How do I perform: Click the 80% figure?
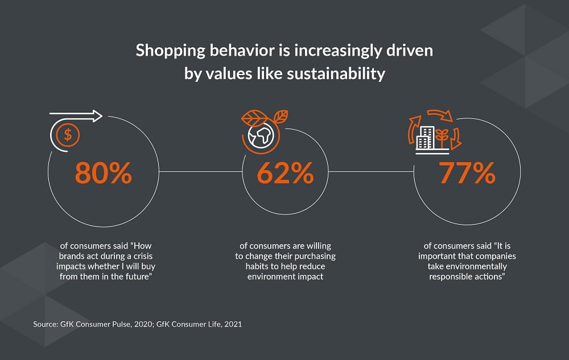tap(104, 174)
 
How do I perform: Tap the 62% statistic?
tap(284, 174)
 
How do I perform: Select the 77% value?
tap(467, 174)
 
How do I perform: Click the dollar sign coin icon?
tap(68, 135)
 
